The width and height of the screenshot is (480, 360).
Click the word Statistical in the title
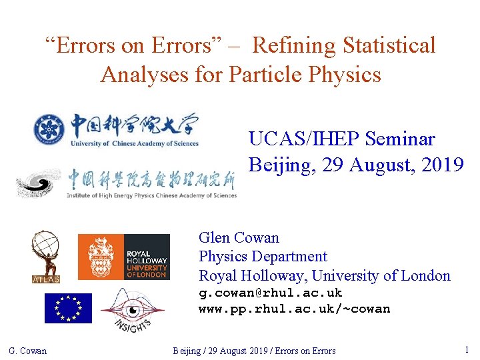pos(389,45)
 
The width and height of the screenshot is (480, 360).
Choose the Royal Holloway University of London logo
pos(124,257)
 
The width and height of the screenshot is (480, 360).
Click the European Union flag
pos(68,308)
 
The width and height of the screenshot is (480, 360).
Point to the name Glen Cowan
pos(239,237)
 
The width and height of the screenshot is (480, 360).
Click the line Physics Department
pos(263,256)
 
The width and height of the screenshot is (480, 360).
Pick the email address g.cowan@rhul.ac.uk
pos(270,293)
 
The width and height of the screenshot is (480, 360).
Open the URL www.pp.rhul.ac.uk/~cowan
pos(294,309)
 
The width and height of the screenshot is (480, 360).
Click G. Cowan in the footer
pos(28,351)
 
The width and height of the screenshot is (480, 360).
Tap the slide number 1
pos(467,349)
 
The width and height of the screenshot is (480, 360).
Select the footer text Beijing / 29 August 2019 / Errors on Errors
pos(254,351)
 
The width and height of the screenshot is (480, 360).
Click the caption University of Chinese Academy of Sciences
pos(135,143)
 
